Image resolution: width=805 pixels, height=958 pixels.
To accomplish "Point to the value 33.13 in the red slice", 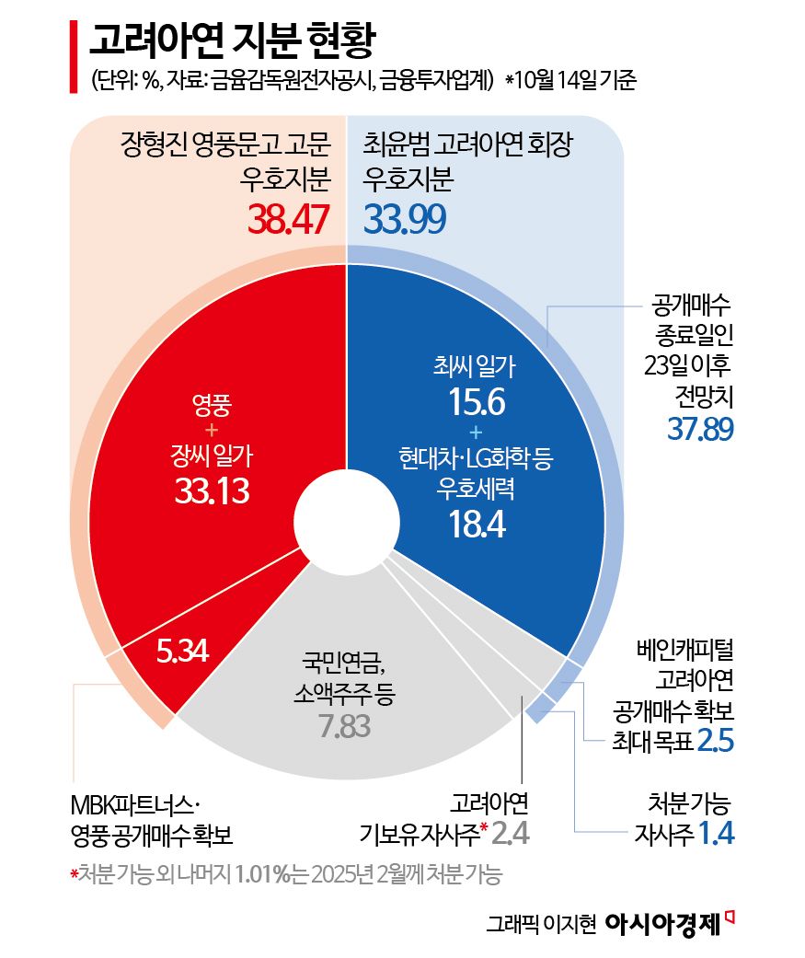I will point(212,491).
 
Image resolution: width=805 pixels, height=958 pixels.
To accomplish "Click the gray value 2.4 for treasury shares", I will point(512,835).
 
